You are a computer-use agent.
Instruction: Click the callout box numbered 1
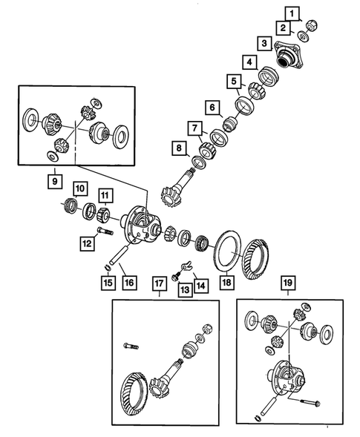tap(292, 13)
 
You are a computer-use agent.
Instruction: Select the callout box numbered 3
tap(264, 43)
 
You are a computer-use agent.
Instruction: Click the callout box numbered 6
tap(212, 108)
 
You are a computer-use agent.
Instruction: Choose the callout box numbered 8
tap(179, 148)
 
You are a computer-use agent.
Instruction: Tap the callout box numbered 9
tap(55, 181)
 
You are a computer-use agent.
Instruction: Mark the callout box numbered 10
tap(80, 189)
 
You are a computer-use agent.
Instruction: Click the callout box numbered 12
tap(87, 243)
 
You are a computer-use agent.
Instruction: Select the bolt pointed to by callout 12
tap(105, 231)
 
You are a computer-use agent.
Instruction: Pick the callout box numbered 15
tap(108, 283)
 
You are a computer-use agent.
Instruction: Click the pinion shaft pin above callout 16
tap(119, 254)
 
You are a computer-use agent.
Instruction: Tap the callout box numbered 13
tap(185, 290)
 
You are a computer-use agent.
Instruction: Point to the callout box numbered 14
tap(201, 286)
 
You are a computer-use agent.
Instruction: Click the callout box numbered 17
tap(159, 283)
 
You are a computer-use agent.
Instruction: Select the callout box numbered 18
tap(226, 283)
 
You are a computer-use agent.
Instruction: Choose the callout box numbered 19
tap(288, 283)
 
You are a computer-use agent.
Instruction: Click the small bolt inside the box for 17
tap(131, 346)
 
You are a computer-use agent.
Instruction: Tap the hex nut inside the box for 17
tap(207, 329)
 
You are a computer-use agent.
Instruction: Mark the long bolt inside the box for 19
tap(310, 402)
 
